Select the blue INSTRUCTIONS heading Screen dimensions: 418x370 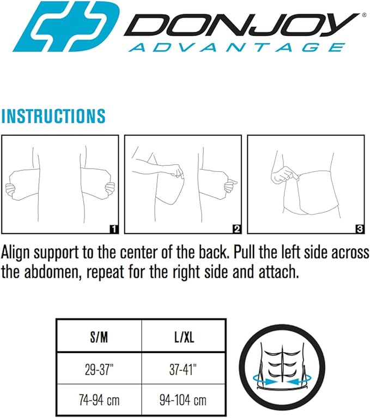[53, 116]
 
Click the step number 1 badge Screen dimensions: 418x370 [113, 229]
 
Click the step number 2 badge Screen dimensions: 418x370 [236, 229]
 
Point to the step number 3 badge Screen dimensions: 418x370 [359, 229]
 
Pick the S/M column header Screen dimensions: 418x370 [99, 338]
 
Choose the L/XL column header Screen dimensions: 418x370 [183, 338]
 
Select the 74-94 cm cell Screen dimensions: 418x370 [99, 401]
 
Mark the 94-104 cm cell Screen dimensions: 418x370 [183, 401]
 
